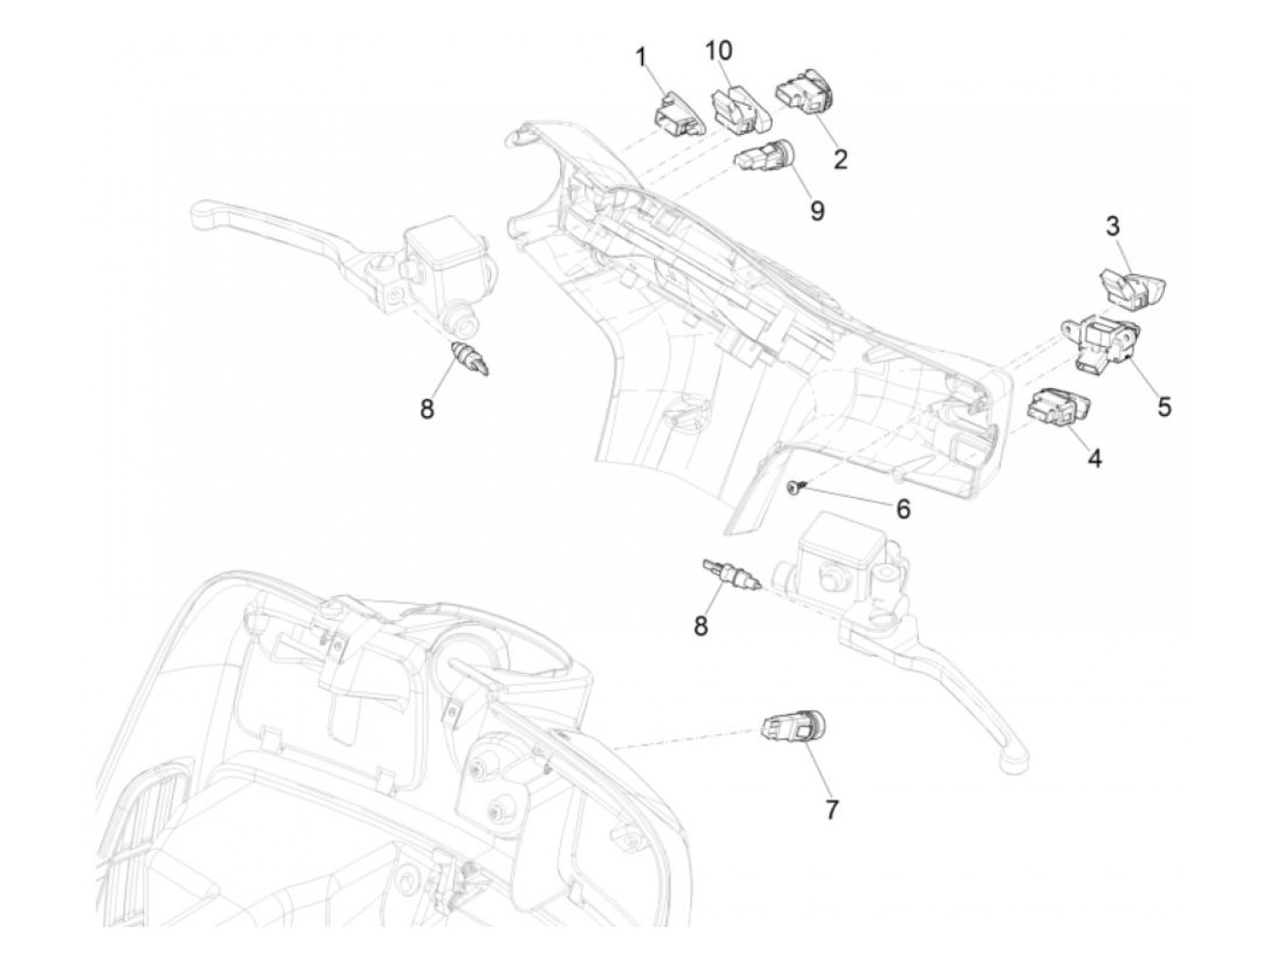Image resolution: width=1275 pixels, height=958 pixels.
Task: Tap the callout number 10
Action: click(718, 49)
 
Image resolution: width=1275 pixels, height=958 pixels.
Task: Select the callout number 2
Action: click(840, 159)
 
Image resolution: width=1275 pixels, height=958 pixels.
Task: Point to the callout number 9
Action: click(817, 210)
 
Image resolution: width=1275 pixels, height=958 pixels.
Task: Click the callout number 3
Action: click(1114, 227)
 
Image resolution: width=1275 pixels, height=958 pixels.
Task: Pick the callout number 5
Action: click(1164, 406)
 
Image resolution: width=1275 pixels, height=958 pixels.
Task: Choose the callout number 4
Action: click(1095, 460)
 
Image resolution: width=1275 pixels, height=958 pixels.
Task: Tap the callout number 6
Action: click(903, 508)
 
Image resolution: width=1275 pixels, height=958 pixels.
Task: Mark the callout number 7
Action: click(831, 809)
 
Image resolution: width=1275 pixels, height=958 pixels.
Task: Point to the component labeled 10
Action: click(739, 110)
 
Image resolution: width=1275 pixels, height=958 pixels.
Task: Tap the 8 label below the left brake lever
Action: click(427, 410)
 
